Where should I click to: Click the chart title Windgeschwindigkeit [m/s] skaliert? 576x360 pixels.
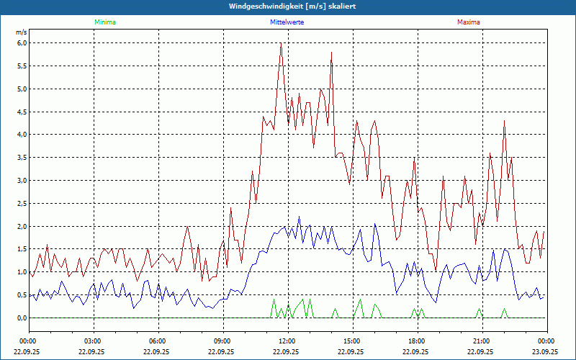[x=288, y=6]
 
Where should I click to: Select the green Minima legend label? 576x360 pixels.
[x=104, y=22]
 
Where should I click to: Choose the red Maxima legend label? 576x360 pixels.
[x=468, y=22]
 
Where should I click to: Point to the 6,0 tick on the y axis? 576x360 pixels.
[x=22, y=43]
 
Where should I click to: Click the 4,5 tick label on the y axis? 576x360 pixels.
[x=22, y=112]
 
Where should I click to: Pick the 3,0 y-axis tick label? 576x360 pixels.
[x=22, y=181]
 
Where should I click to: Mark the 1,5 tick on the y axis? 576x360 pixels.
[x=22, y=249]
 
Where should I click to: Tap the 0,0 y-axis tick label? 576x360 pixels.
[x=22, y=318]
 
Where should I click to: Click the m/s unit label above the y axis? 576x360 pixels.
[x=21, y=32]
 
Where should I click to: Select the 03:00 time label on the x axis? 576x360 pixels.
[x=92, y=341]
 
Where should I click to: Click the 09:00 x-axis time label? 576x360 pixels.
[x=222, y=341]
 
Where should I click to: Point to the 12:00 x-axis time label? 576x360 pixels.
[x=287, y=341]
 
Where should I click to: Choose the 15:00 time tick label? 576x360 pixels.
[x=351, y=341]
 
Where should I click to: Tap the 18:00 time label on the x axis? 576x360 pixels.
[x=416, y=341]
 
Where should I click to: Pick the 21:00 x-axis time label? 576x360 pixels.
[x=481, y=341]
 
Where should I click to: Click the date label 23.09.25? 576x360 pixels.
[x=545, y=352]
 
